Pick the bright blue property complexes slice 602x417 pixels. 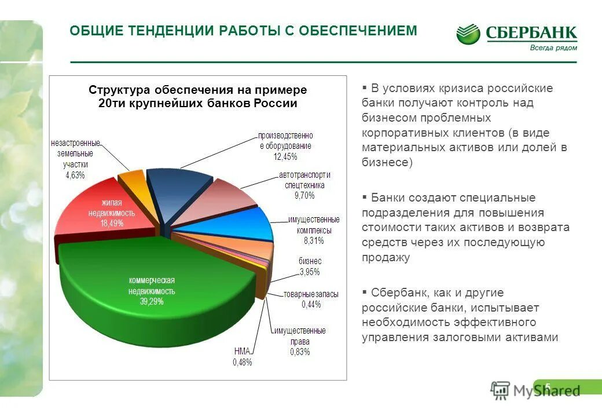(249, 223)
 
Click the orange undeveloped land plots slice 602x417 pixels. (131, 181)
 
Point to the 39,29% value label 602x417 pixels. (151, 302)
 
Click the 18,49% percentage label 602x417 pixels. (112, 223)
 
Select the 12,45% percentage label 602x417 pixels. (285, 156)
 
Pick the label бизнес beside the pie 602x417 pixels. (310, 262)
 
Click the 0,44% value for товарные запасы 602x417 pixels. (311, 303)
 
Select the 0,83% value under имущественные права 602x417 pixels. (300, 352)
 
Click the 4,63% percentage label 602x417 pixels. (75, 174)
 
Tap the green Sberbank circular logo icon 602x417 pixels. (468, 34)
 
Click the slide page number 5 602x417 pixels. (548, 386)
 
